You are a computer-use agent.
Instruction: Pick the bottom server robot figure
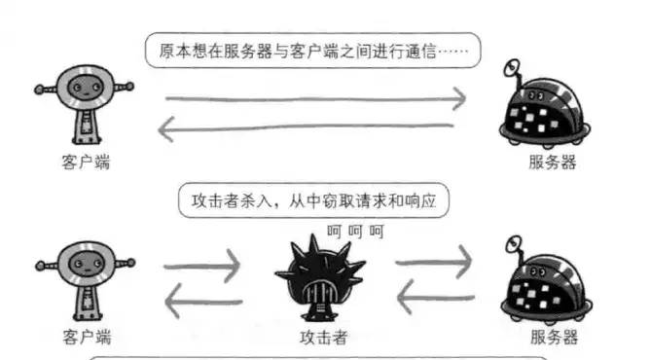[544, 283]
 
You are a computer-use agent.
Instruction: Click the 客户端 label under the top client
[85, 162]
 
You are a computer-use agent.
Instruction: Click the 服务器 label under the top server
[549, 162]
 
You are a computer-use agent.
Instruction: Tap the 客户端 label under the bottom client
[85, 338]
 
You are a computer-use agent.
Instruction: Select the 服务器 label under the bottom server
[549, 338]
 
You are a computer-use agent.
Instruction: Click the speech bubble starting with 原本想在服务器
[312, 50]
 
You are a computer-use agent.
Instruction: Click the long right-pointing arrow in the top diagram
[312, 98]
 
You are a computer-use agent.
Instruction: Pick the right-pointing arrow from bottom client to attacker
[203, 266]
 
